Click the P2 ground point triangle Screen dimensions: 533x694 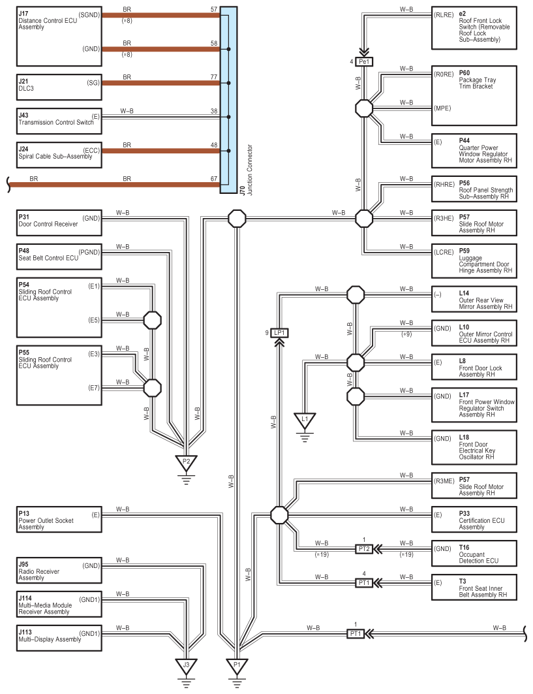(x=186, y=462)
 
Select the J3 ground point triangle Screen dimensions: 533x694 (x=186, y=666)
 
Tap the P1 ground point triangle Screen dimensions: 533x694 (x=237, y=666)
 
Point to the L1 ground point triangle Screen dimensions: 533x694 (x=305, y=420)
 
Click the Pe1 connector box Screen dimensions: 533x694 (x=364, y=61)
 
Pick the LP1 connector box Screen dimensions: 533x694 (x=280, y=333)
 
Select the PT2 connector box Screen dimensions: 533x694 (x=364, y=549)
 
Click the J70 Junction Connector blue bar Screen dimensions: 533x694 (x=229, y=100)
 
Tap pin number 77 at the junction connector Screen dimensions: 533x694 (x=214, y=77)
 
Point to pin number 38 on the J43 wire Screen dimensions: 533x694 (x=214, y=111)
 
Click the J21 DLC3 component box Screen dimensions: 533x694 (x=59, y=87)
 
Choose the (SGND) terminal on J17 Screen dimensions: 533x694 (x=89, y=15)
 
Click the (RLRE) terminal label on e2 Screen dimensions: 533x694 (x=444, y=15)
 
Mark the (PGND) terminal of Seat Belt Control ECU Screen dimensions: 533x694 (x=89, y=252)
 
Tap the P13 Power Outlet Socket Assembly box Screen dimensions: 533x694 (x=59, y=519)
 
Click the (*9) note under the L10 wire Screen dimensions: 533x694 (x=406, y=334)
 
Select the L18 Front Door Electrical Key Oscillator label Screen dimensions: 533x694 (x=477, y=447)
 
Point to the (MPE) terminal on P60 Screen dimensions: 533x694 (x=442, y=108)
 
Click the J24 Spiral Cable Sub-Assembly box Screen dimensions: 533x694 (x=59, y=155)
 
